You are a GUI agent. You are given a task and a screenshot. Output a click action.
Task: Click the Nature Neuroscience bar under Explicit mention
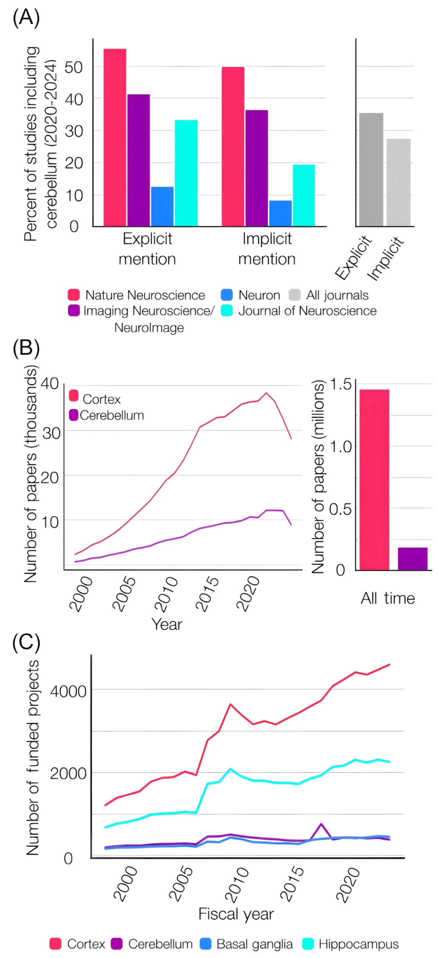pos(115,137)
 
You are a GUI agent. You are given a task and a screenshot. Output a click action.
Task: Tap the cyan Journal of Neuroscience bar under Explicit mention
pos(186,173)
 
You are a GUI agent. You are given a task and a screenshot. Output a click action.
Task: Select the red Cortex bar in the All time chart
pos(374,479)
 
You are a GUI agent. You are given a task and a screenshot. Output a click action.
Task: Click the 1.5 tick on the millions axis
pos(340,384)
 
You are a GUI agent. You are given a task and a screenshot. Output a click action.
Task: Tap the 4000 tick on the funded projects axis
pos(68,691)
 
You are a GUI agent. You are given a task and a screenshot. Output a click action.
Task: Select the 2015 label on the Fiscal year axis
pos(292,888)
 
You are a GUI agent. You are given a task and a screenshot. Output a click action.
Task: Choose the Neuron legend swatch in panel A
pos(226,295)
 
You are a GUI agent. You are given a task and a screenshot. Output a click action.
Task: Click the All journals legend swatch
pos(294,295)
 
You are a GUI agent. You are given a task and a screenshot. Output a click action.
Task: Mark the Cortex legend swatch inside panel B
pos(74,396)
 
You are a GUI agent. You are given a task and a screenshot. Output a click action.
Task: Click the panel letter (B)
pos(26,349)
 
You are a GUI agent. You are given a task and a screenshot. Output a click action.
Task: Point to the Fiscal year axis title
pos(236,914)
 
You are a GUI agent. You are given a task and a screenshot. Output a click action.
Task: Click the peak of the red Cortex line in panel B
pos(266,393)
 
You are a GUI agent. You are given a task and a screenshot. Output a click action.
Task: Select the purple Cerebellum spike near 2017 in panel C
pos(321,824)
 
